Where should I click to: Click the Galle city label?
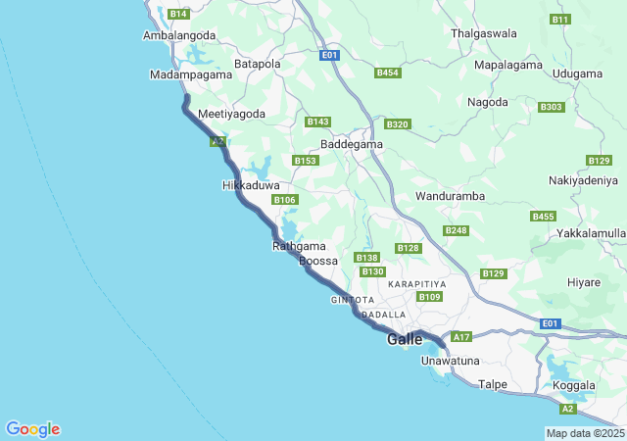tap(405, 339)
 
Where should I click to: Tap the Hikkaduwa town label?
tap(251, 185)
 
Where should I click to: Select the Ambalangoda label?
tap(179, 35)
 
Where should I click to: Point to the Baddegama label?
tap(352, 143)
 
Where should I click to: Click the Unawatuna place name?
tap(450, 362)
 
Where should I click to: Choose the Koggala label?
tap(574, 385)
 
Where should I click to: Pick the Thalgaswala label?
tap(483, 33)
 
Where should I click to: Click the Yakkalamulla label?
tap(591, 233)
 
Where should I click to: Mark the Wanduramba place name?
tap(451, 196)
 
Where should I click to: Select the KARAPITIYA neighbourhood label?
tap(416, 283)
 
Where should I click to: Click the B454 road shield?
tap(388, 73)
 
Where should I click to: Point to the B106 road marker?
tap(285, 200)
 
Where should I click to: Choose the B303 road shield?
tap(552, 107)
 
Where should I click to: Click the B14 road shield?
tap(178, 14)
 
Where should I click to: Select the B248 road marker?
tap(456, 230)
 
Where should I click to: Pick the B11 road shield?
tap(559, 20)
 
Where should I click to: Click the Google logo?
tap(33, 429)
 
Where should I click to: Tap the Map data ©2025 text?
tap(585, 433)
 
